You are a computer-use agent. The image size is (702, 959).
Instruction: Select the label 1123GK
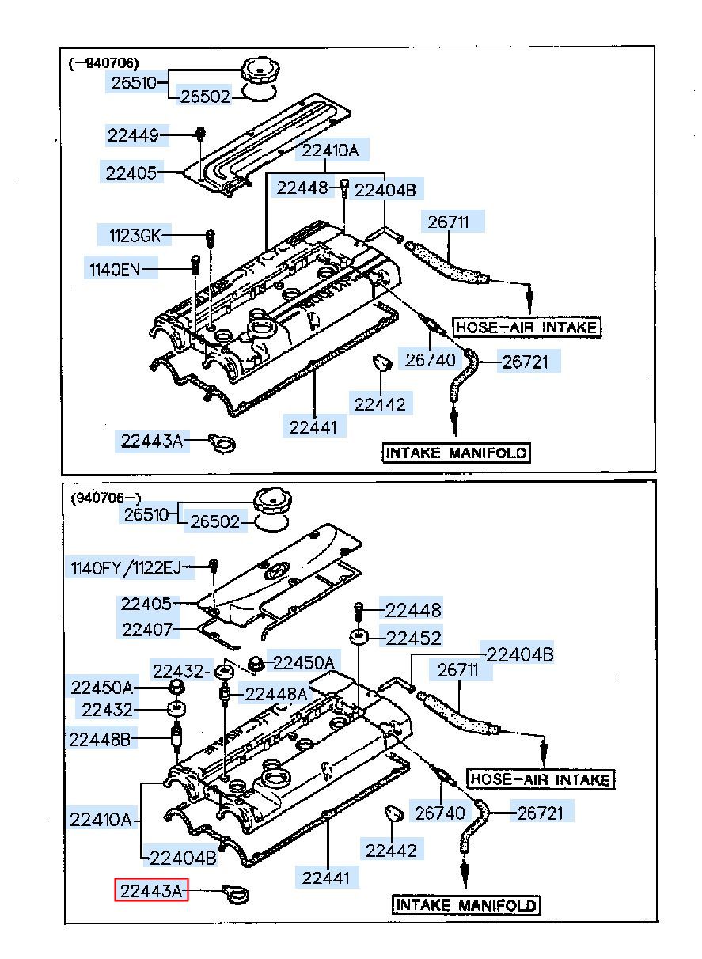tap(135, 236)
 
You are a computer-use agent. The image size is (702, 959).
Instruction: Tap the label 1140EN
tap(115, 270)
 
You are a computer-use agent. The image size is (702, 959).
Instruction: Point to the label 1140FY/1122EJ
tap(126, 569)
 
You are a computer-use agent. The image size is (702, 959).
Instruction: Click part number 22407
tap(147, 630)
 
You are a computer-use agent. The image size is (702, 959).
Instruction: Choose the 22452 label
tap(413, 639)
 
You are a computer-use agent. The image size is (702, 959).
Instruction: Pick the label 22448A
tap(276, 694)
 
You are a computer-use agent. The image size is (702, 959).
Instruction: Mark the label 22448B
tap(100, 739)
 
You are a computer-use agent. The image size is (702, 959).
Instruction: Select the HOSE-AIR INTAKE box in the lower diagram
tap(540, 779)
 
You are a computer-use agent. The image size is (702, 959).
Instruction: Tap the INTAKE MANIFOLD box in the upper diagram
tap(456, 453)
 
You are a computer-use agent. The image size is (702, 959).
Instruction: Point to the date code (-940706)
tap(104, 63)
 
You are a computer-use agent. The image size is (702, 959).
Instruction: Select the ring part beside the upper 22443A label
tap(222, 442)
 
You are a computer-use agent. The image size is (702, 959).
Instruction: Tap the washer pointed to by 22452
tap(359, 638)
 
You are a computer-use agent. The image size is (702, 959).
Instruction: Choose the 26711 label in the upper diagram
tap(448, 222)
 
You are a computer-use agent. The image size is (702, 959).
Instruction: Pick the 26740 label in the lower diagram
tap(440, 813)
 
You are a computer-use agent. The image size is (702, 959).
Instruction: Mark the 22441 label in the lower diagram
tap(326, 878)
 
